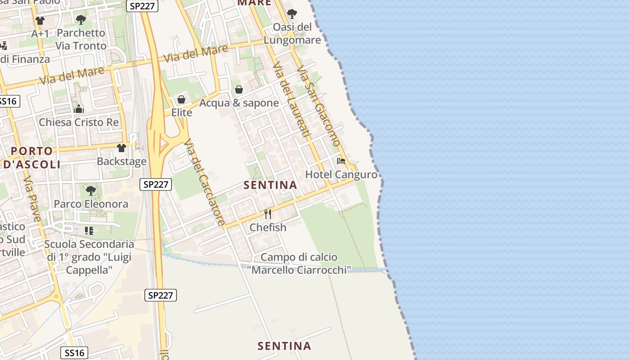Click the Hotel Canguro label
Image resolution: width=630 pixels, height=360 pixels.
pyautogui.click(x=341, y=175)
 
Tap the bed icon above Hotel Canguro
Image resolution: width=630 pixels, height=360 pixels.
pyautogui.click(x=341, y=161)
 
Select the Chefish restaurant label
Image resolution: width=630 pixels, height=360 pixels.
pyautogui.click(x=268, y=227)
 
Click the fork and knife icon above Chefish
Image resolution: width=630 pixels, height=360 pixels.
pyautogui.click(x=268, y=214)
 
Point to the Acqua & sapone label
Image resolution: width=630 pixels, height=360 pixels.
pyautogui.click(x=239, y=103)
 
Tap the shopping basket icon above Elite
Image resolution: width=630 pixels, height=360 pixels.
pyautogui.click(x=181, y=99)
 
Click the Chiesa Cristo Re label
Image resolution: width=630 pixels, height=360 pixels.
pyautogui.click(x=79, y=122)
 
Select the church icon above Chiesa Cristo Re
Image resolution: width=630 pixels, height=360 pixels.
pyautogui.click(x=79, y=109)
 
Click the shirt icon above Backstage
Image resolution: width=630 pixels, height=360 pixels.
pyautogui.click(x=121, y=148)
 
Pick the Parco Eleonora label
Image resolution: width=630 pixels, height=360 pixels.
pyautogui.click(x=91, y=204)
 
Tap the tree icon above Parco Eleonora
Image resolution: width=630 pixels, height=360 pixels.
pyautogui.click(x=91, y=191)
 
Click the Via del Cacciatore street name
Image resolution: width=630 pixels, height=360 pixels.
pyautogui.click(x=204, y=182)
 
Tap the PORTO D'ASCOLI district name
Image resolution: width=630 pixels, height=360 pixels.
pyautogui.click(x=31, y=157)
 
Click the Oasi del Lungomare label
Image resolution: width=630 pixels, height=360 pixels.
pyautogui.click(x=292, y=34)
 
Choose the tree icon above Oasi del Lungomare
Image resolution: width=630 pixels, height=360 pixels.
pyautogui.click(x=292, y=14)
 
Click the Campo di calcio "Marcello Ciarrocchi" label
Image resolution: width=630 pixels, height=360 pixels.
pyautogui.click(x=299, y=264)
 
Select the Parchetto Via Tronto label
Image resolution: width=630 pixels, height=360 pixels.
pyautogui.click(x=81, y=39)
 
